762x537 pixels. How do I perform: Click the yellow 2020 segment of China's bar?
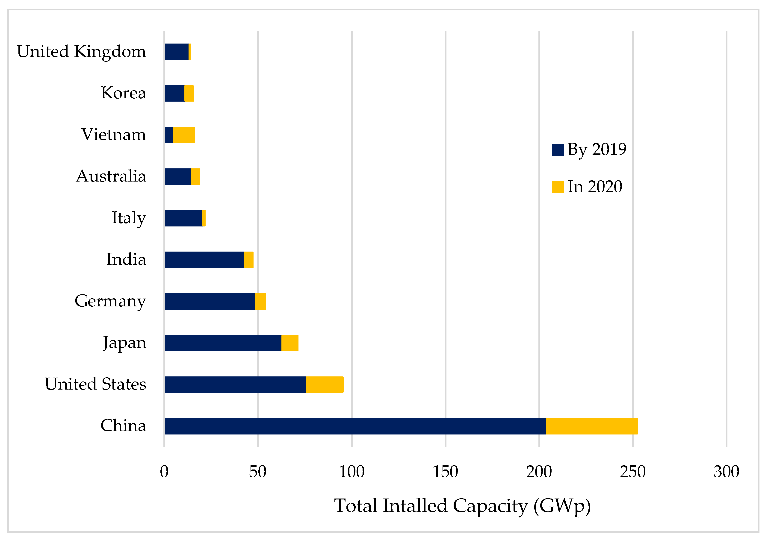pos(591,426)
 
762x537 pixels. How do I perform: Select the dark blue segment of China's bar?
pos(355,426)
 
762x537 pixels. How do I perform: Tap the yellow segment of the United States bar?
pos(324,384)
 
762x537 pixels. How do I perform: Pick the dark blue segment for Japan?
pos(223,343)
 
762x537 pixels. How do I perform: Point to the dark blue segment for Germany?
pos(210,301)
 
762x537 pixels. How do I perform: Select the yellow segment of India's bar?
pos(248,260)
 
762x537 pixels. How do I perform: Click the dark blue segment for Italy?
pos(183,218)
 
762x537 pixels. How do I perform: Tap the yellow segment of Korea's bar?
pos(189,93)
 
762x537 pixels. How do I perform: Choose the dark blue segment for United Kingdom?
pos(177,52)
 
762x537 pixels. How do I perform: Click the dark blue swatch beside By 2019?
pos(558,150)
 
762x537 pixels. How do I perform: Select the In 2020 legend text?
pos(594,187)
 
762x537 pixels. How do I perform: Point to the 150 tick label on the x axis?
pos(445,472)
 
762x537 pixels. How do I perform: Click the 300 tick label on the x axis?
pos(726,472)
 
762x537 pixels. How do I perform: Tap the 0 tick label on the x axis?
pos(164,472)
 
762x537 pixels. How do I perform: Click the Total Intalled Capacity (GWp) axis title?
pos(462,506)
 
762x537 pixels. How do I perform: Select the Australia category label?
pos(111,176)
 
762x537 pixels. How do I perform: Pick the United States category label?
pos(96,384)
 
